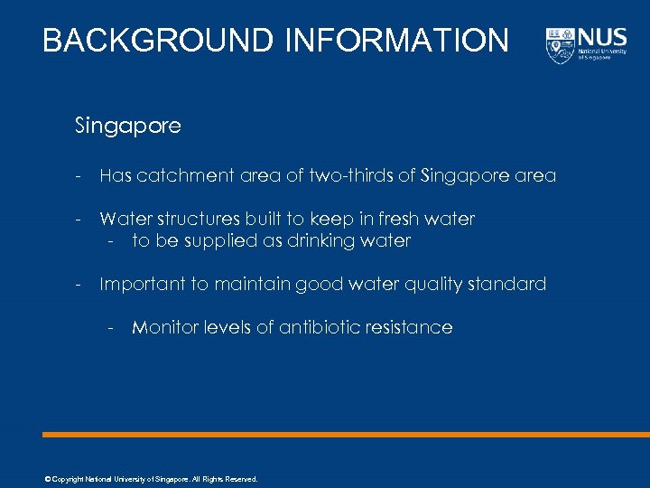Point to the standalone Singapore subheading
point(128,126)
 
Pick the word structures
point(197,219)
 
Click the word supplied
point(217,240)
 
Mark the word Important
point(142,284)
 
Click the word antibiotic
point(318,327)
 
